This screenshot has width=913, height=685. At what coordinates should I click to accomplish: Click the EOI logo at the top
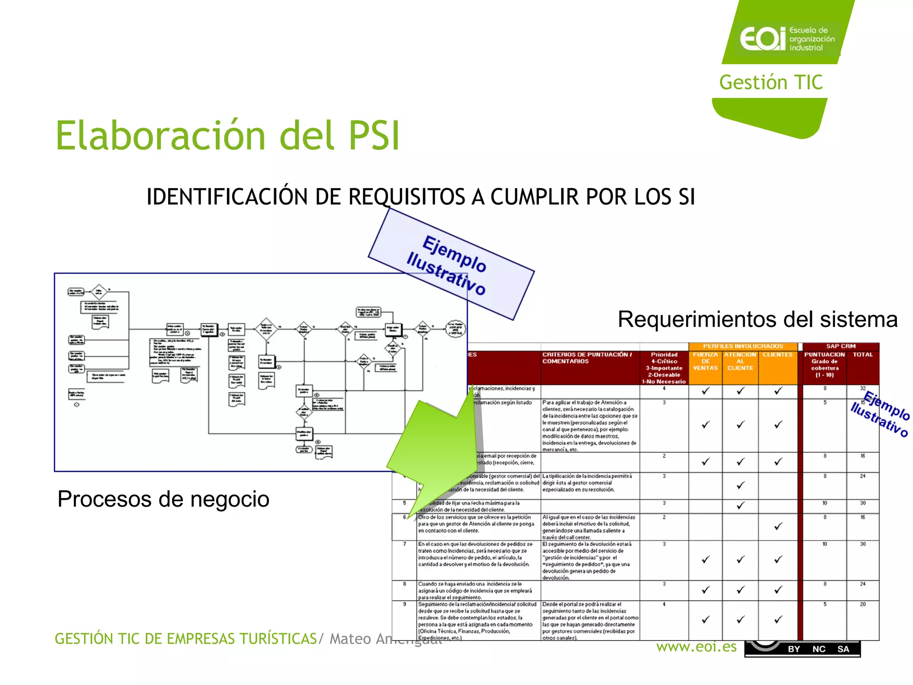(786, 38)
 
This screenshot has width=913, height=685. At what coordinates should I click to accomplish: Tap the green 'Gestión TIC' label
(771, 83)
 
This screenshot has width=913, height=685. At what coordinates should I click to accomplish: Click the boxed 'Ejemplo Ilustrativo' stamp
(451, 264)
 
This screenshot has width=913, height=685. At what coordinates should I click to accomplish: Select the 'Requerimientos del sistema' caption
(757, 319)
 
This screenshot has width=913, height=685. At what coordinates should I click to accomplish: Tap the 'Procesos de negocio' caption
(163, 499)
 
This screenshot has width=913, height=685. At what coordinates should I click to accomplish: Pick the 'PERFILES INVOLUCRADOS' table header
(743, 346)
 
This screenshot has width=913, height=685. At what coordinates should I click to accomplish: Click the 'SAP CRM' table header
(840, 346)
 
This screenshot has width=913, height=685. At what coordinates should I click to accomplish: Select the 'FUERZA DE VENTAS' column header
(705, 361)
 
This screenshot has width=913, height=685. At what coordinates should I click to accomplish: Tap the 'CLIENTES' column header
(777, 355)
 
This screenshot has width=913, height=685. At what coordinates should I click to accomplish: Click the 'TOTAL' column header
(863, 355)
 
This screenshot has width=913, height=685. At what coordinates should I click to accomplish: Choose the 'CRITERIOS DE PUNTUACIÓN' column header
(587, 358)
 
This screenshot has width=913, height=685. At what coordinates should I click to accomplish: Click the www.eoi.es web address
(696, 647)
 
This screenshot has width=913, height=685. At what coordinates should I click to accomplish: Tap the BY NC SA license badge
(802, 649)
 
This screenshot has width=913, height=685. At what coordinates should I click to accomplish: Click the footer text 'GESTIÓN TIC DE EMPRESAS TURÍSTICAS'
(185, 639)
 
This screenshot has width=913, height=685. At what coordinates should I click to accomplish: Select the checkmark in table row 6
(778, 527)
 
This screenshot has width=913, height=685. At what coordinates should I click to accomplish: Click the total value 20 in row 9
(863, 604)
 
